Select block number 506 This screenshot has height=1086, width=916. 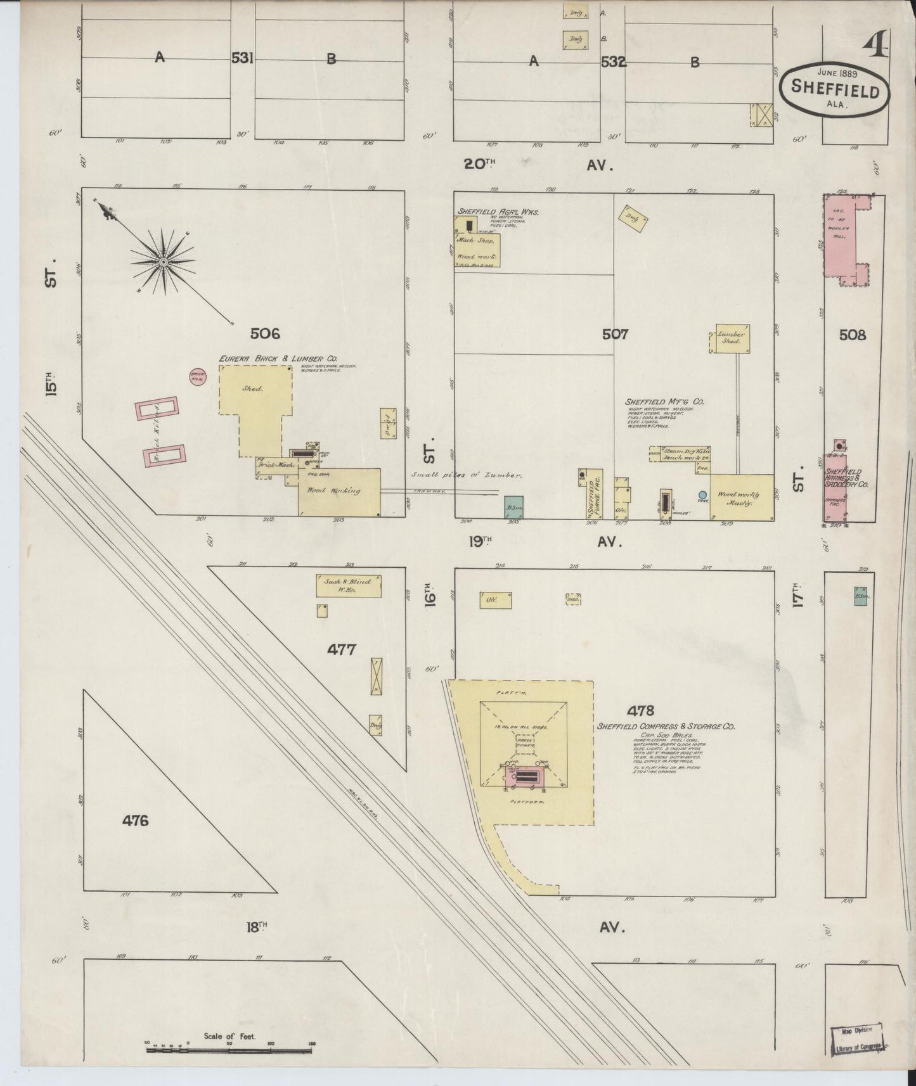[264, 334]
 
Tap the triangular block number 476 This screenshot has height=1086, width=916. [135, 821]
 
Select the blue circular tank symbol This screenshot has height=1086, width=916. [702, 495]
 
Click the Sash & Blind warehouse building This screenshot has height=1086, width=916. [349, 585]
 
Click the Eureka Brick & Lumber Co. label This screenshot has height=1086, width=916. [278, 359]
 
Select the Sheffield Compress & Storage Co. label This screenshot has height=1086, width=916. [666, 727]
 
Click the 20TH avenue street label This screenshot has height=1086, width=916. [480, 165]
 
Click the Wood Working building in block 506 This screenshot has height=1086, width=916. [339, 492]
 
